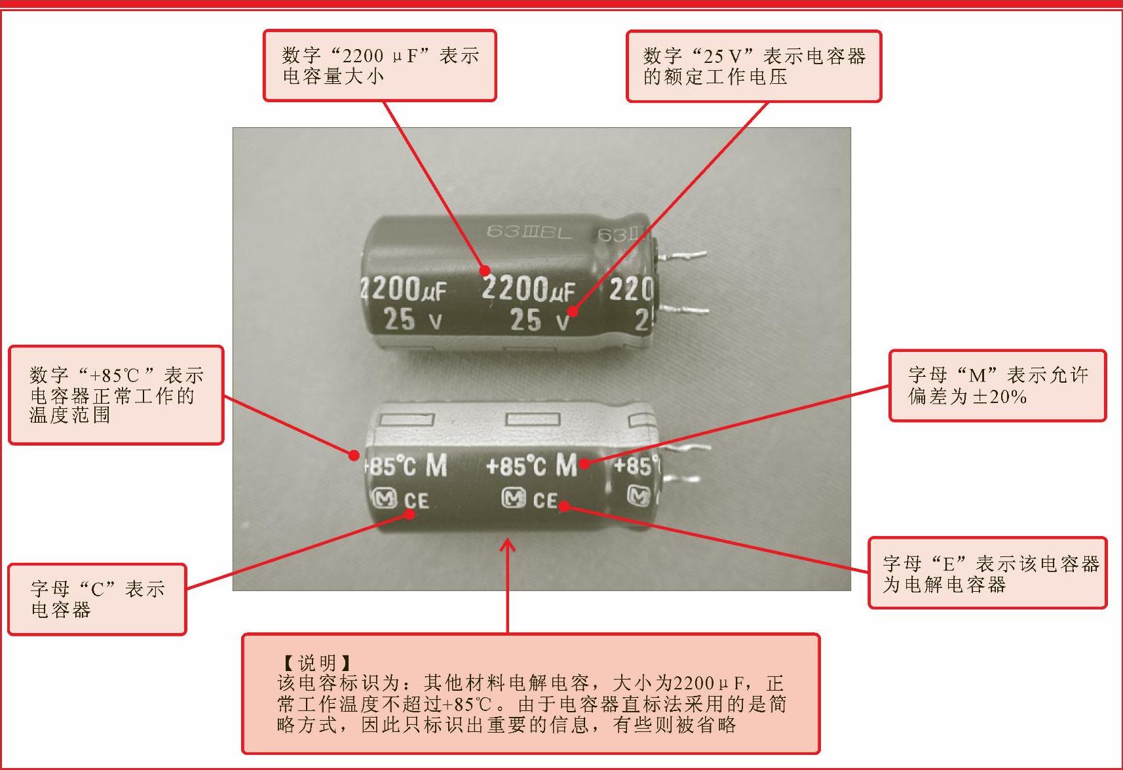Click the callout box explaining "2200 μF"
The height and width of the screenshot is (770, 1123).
(379, 66)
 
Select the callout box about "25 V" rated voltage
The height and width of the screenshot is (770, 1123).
(753, 66)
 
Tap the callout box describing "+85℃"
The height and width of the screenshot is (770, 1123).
(116, 395)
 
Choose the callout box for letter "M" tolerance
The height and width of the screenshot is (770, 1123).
(998, 385)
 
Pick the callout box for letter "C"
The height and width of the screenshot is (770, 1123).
(97, 600)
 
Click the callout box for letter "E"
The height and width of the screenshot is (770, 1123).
(987, 573)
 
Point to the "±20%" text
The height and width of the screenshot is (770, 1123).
(1000, 397)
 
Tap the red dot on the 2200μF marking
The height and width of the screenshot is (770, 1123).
(485, 271)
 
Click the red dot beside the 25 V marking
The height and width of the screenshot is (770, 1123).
(573, 311)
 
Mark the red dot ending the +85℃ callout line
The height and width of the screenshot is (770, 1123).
(354, 455)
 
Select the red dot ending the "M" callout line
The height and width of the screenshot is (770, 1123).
(584, 464)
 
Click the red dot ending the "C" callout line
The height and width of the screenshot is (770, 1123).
(409, 514)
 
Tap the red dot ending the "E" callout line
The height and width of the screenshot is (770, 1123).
(564, 507)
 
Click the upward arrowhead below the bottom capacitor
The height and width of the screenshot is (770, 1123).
(507, 545)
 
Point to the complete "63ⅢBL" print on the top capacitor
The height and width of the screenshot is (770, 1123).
(529, 232)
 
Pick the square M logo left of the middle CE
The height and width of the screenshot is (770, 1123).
(514, 498)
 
